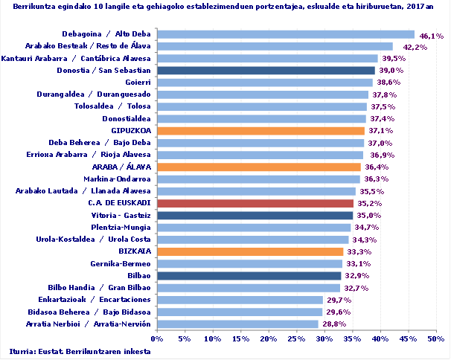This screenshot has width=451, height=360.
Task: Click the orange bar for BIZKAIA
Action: pos(250,251)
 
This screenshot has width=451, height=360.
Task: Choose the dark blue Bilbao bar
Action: pos(249,276)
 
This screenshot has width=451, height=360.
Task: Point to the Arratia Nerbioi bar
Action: pos(237,324)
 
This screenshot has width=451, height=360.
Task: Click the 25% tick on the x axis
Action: pos(296,338)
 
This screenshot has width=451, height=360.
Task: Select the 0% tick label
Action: pos(157,338)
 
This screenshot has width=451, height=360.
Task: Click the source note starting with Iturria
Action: pos(75,351)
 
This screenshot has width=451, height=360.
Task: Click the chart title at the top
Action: pos(223,8)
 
